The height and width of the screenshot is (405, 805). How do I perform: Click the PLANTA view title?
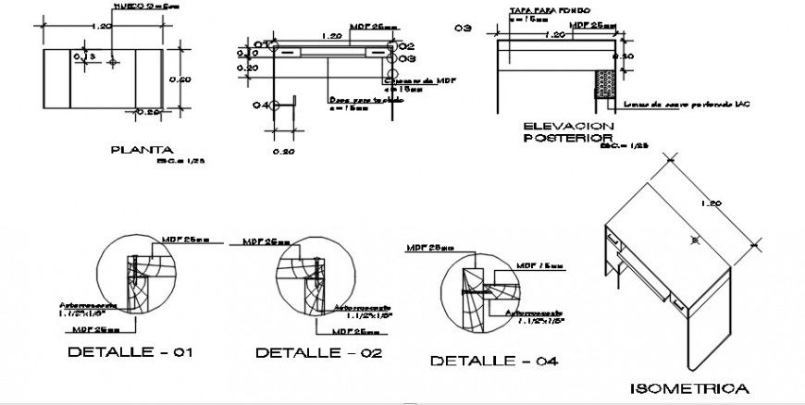[x=142, y=149]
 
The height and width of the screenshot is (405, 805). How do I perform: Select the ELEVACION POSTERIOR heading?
[x=568, y=132]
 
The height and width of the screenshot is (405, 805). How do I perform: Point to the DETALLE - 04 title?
[x=494, y=361]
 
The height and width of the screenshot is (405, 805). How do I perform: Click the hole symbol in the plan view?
[x=112, y=62]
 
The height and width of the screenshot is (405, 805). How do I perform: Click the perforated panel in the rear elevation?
[x=605, y=83]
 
